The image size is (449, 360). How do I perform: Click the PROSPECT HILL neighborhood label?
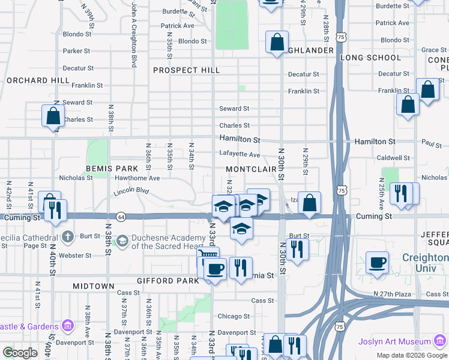(x=186, y=70)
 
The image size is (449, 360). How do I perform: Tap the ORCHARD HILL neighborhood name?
(x=38, y=80)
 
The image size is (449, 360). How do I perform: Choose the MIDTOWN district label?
(x=94, y=287)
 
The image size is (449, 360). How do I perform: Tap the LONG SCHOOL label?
(x=370, y=58)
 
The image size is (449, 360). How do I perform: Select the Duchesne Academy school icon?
(x=122, y=241)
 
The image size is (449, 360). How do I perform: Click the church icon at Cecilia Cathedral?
(x=68, y=236)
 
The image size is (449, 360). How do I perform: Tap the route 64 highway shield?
(x=121, y=216)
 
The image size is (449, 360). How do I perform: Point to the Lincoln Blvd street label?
(x=130, y=192)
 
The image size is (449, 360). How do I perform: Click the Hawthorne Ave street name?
(x=137, y=178)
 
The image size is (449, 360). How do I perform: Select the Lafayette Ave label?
(x=240, y=155)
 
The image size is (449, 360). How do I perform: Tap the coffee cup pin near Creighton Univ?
(x=377, y=262)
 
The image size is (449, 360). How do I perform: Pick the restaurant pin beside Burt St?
(x=297, y=248)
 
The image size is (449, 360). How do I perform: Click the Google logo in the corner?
(x=20, y=353)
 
